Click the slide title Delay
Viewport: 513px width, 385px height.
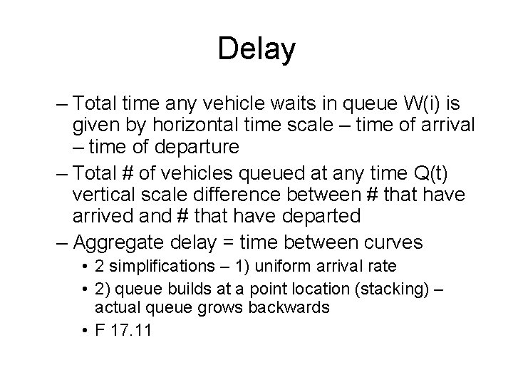(x=256, y=48)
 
